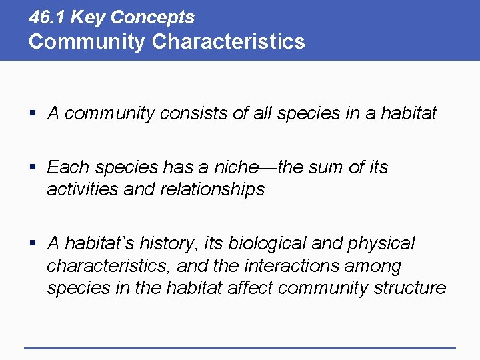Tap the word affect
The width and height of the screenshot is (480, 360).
pos(249,288)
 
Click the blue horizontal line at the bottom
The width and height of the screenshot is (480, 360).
pos(240,347)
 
